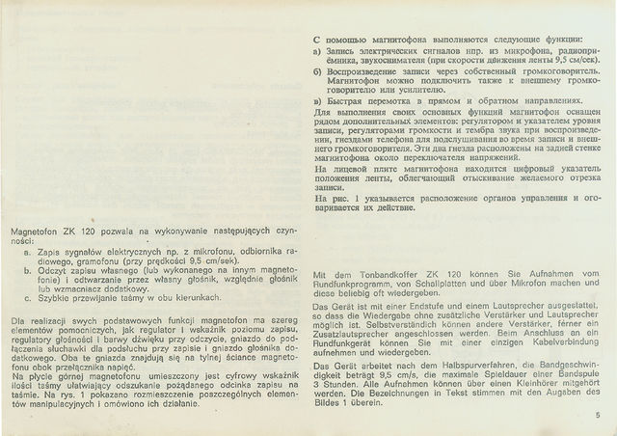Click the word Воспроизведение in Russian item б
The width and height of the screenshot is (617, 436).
click(x=371, y=70)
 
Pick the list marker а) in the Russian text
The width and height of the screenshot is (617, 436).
click(x=319, y=49)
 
